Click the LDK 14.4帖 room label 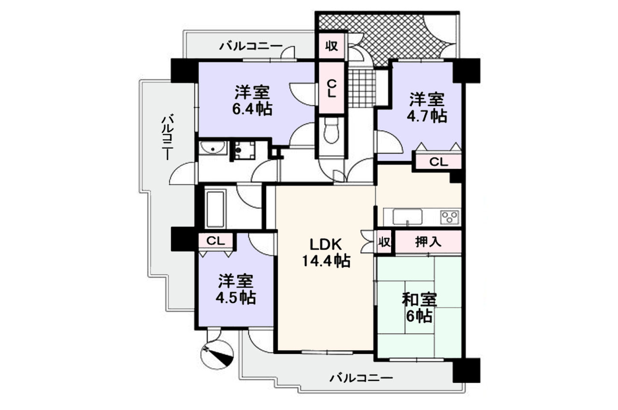[x=326, y=252]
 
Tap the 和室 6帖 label [x=419, y=308]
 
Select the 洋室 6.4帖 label [x=252, y=101]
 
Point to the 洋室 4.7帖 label [x=427, y=108]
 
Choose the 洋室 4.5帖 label [x=236, y=289]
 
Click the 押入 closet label [x=428, y=242]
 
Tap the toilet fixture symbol [x=331, y=130]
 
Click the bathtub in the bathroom [x=215, y=209]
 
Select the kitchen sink [x=407, y=217]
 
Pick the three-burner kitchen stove [x=449, y=217]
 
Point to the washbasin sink [x=213, y=148]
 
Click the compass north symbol [x=217, y=355]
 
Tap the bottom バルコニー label [x=361, y=378]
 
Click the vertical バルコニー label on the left [x=167, y=137]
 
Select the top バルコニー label [x=251, y=46]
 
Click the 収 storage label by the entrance [x=331, y=46]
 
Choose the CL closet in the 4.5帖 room [x=215, y=241]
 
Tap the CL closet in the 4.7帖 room [x=438, y=162]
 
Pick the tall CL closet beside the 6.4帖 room [x=331, y=88]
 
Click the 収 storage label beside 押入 [x=384, y=242]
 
